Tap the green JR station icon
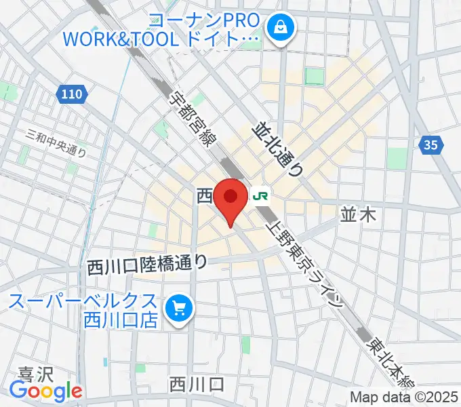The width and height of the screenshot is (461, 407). coord(260,197)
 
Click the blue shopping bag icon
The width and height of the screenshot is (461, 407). coord(278,28)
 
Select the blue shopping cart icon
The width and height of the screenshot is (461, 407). coord(179,309)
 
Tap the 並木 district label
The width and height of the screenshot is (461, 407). coord(357,216)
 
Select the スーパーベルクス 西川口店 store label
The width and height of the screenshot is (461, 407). coord(85,309)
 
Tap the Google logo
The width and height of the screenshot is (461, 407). coord(45,391)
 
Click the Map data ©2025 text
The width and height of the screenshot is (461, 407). coord(403,397)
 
